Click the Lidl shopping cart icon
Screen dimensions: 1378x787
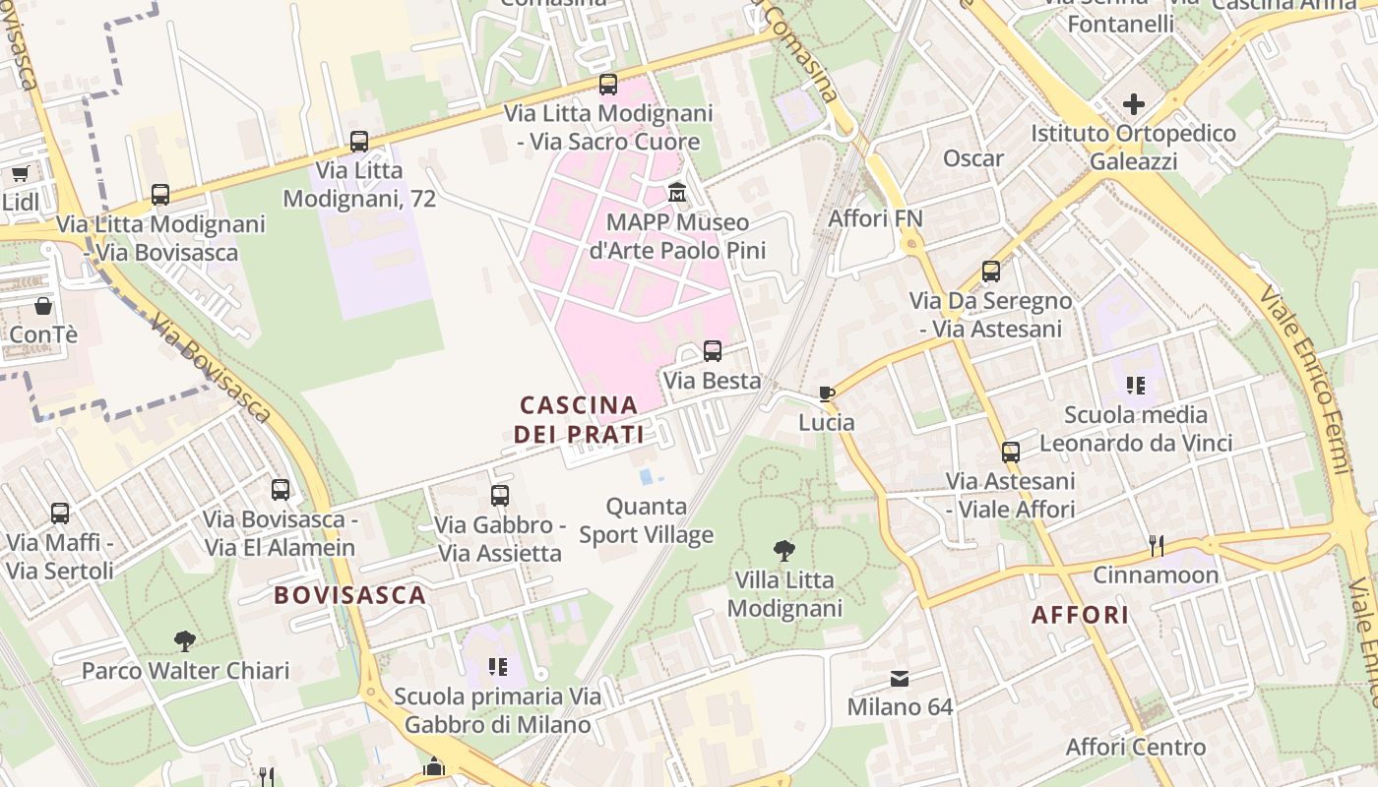tap(20, 174)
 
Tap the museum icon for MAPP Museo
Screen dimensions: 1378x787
tap(677, 191)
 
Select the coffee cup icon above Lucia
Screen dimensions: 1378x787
tap(827, 393)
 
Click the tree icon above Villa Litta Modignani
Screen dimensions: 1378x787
tap(784, 550)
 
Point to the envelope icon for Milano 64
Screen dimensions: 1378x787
tap(900, 679)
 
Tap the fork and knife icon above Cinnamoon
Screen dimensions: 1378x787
tap(1157, 545)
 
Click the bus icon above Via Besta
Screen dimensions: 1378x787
tap(712, 351)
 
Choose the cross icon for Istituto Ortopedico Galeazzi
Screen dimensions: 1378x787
tap(1134, 103)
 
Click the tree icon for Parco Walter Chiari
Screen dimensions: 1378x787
tap(184, 641)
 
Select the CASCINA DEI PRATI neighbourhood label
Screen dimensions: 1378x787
tap(579, 419)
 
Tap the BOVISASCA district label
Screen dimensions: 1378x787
tap(349, 595)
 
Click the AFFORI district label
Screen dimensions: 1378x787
tap(1080, 615)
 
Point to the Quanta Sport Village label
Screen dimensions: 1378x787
tap(646, 520)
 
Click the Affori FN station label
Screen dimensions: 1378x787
tap(875, 217)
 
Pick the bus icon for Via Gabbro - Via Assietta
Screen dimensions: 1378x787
tap(500, 496)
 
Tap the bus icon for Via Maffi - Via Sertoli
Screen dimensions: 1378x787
tap(60, 513)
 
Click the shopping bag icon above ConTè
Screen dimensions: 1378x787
tap(42, 306)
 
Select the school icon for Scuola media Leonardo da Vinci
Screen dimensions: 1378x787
tap(1136, 386)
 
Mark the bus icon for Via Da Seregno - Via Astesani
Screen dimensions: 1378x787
tap(991, 272)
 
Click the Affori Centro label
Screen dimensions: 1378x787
tap(1135, 747)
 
